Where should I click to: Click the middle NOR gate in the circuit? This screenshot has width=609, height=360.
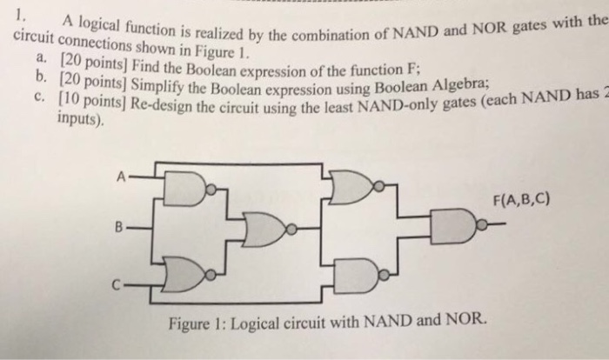point(266,229)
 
